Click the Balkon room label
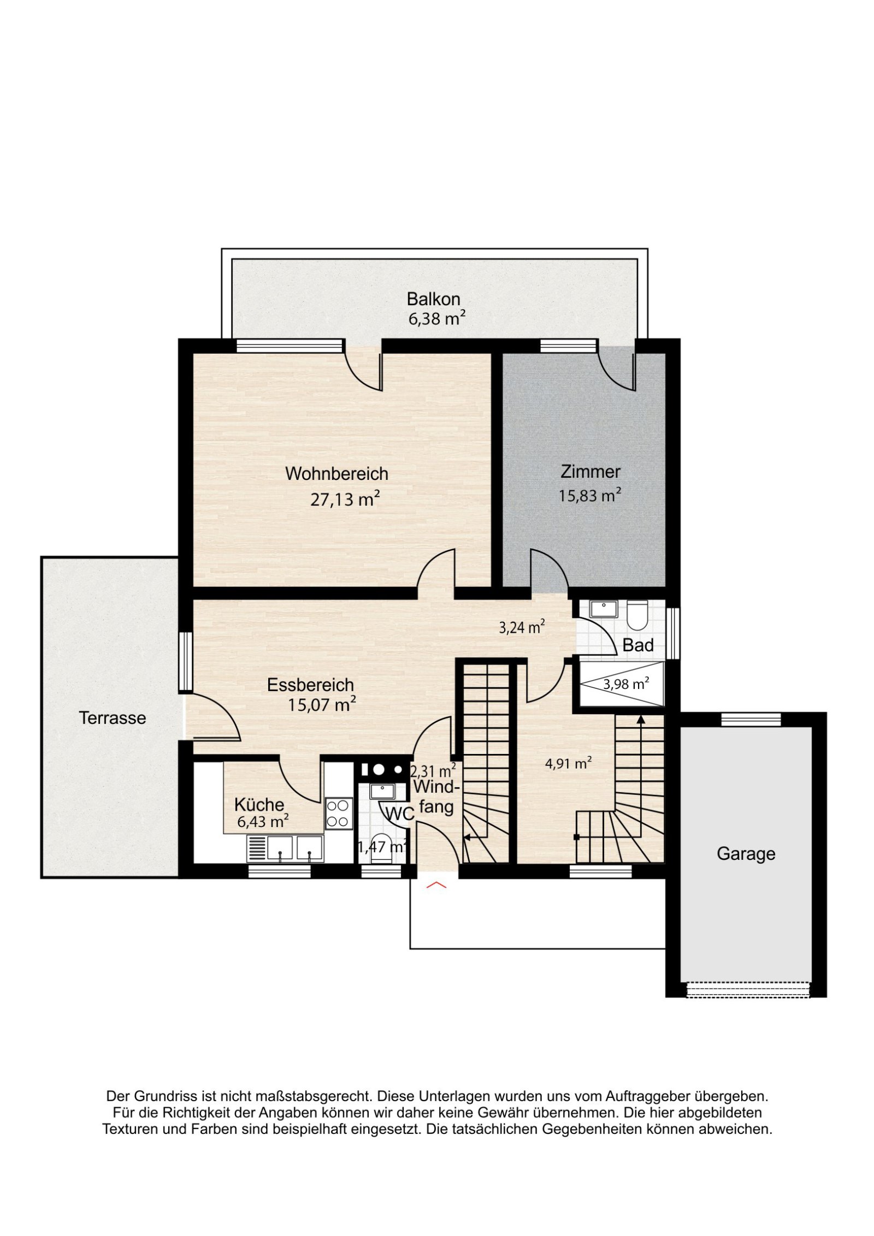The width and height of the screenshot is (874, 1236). pyautogui.click(x=433, y=299)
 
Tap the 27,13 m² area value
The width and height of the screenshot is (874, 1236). pyautogui.click(x=345, y=498)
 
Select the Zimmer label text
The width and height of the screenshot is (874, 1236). pyautogui.click(x=590, y=472)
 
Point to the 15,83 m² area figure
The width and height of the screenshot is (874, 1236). pyautogui.click(x=589, y=495)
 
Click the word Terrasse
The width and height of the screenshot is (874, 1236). pyautogui.click(x=113, y=718)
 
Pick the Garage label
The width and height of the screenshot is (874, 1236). pyautogui.click(x=746, y=854)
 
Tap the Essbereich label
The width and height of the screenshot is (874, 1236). pyautogui.click(x=310, y=685)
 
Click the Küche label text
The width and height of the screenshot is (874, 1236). pyautogui.click(x=259, y=805)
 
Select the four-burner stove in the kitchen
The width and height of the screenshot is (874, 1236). pyautogui.click(x=339, y=813)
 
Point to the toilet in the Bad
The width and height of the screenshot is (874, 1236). pyautogui.click(x=637, y=615)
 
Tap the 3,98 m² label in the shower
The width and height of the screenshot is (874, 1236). pyautogui.click(x=626, y=684)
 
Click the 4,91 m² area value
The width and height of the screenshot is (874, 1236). pyautogui.click(x=568, y=763)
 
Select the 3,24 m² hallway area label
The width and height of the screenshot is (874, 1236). pyautogui.click(x=522, y=627)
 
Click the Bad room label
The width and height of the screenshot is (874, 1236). pyautogui.click(x=638, y=645)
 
